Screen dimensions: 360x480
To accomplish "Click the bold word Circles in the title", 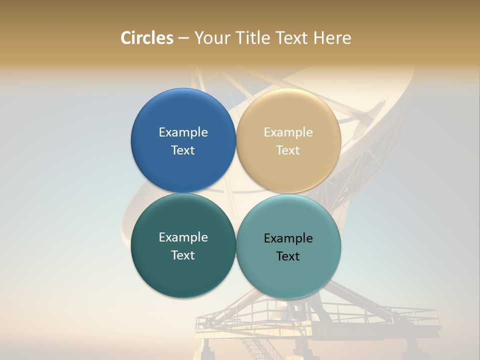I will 147,38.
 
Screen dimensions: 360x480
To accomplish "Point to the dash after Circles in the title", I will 183,38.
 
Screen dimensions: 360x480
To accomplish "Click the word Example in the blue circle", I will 183,132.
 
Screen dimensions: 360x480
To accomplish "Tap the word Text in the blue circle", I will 183,150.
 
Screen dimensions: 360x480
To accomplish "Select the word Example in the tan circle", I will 288,132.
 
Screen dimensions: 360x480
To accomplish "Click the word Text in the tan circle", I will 288,150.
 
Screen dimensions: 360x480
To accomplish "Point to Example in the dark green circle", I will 183,237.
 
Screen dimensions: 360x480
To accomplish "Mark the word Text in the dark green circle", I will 183,255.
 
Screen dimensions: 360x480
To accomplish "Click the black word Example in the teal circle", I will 288,238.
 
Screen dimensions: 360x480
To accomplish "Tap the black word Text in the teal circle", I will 288,256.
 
